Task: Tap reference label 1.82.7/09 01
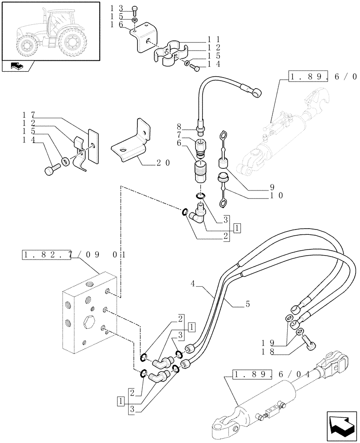(x=73, y=255)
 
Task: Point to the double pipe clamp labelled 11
(x=167, y=56)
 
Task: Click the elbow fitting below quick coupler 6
(x=196, y=214)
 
